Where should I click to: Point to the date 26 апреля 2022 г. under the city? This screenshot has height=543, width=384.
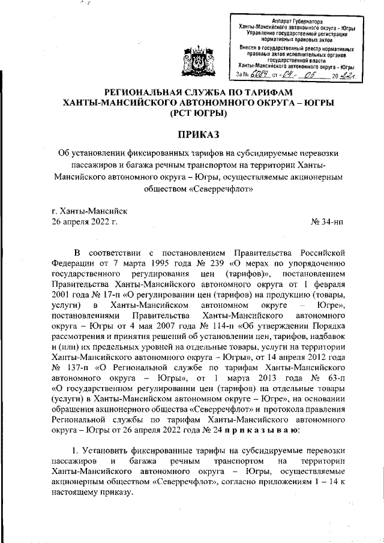pos(85,223)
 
